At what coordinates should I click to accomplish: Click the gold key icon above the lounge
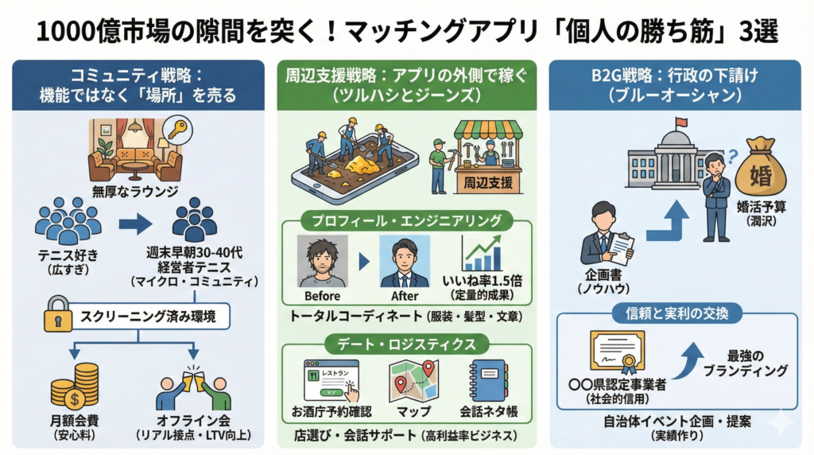(x=176, y=130)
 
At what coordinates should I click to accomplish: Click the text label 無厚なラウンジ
(x=135, y=191)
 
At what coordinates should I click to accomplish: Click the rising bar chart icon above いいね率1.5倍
(x=483, y=253)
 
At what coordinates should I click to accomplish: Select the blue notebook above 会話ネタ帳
(x=487, y=381)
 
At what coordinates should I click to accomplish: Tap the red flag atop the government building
(x=680, y=124)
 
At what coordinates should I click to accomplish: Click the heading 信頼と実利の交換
(x=677, y=311)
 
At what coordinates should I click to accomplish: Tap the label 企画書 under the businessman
(x=603, y=278)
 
